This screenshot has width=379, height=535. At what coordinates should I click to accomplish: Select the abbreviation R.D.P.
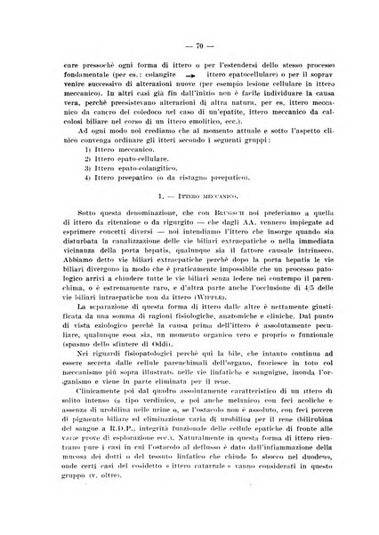click(x=149, y=455)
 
